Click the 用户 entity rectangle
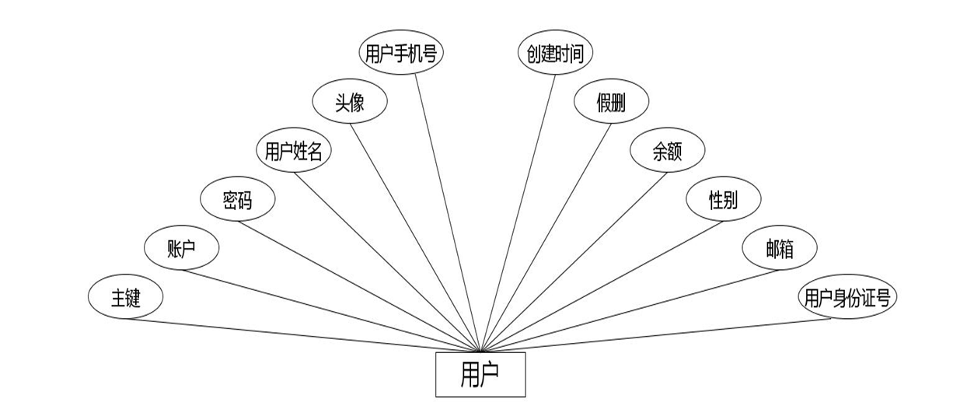click(480, 374)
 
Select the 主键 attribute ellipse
click(125, 297)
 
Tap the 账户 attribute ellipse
click(182, 249)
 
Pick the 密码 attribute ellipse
click(237, 201)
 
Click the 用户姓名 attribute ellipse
click(293, 151)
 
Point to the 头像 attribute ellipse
click(349, 102)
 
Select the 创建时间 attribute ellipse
click(555, 53)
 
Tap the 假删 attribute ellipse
click(611, 102)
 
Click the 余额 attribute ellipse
click(667, 151)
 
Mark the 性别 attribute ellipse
click(723, 201)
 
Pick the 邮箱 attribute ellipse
click(779, 249)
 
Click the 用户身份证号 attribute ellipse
click(847, 297)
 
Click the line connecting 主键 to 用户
click(303, 335)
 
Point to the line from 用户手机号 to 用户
click(447, 212)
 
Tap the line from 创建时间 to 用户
click(518, 212)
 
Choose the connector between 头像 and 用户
click(414, 237)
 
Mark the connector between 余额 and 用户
click(574, 261)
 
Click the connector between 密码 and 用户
click(359, 285)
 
